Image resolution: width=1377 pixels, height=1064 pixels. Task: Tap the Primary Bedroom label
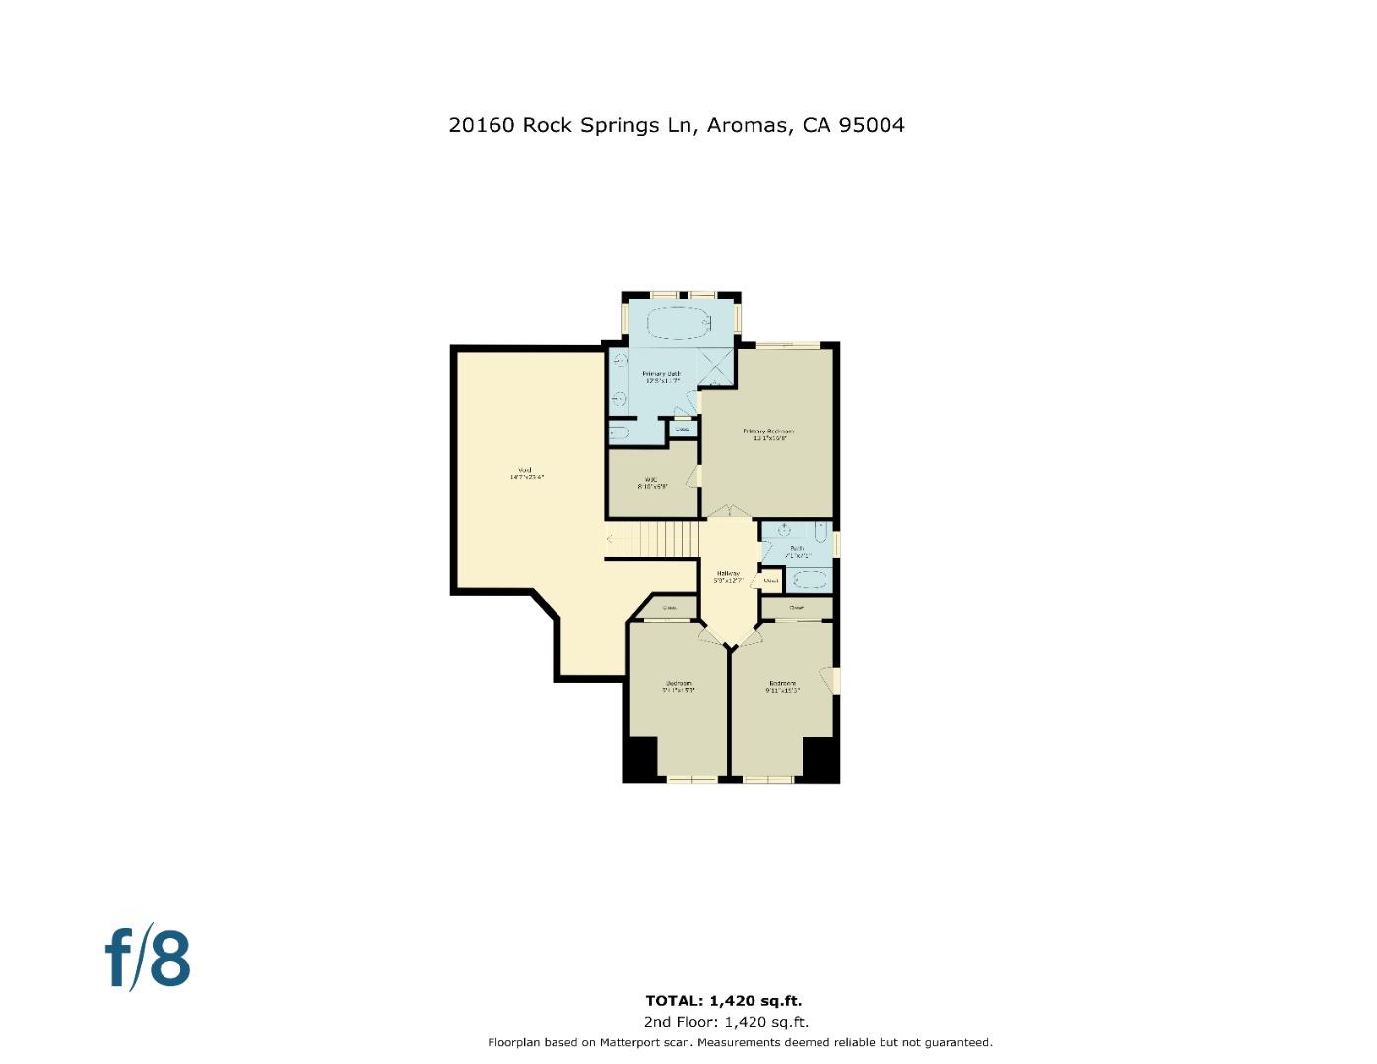[x=767, y=432]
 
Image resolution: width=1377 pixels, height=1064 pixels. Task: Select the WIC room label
[x=651, y=480]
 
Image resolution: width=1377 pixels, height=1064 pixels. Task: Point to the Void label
[x=525, y=470]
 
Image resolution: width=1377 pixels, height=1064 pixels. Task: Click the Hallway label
[x=728, y=573]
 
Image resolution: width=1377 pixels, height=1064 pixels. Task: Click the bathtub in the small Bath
[x=810, y=579]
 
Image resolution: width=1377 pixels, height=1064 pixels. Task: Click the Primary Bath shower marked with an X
[x=717, y=366]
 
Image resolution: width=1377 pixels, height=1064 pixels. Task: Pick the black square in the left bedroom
[x=641, y=759]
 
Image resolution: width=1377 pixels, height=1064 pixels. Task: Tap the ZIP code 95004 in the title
[x=871, y=125]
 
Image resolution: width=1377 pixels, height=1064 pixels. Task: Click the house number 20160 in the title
[x=481, y=125]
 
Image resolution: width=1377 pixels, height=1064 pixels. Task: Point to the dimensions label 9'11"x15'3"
[x=782, y=691]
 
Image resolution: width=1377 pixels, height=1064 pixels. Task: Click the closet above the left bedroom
[x=668, y=608]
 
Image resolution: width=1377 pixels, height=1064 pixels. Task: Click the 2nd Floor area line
[x=726, y=1022]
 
